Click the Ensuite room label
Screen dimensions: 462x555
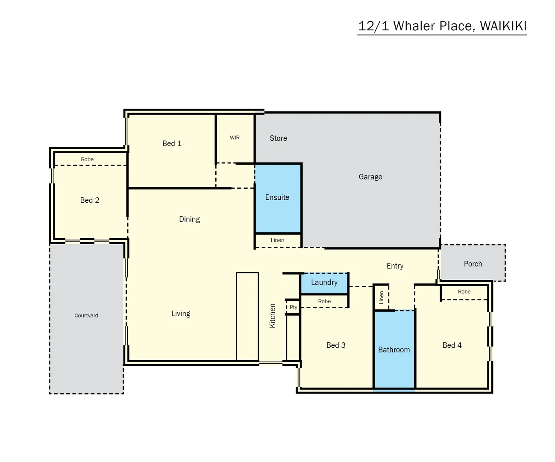[x=277, y=197]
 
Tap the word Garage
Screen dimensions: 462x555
[x=370, y=177]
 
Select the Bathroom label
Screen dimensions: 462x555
[x=393, y=349]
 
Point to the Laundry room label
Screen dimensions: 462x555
[x=324, y=282]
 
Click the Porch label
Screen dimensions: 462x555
[x=473, y=264]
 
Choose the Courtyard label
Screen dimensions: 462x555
[x=86, y=315]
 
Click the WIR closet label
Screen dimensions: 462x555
[x=235, y=138]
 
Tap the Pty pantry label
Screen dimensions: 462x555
[x=293, y=307]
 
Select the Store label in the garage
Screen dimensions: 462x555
[x=278, y=138]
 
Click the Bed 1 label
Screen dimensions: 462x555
[x=172, y=143]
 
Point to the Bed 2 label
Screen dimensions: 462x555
[x=90, y=200]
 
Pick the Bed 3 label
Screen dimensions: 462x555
[x=336, y=345]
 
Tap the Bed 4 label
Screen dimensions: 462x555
[x=452, y=345]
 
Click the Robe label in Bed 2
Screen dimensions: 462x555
[x=87, y=159]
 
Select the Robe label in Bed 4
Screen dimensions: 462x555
[x=464, y=292]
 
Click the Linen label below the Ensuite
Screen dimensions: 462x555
[x=277, y=240]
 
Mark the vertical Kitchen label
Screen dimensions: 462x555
[x=273, y=316]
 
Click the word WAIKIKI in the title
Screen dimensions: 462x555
[x=503, y=26]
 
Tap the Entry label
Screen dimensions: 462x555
[x=395, y=266]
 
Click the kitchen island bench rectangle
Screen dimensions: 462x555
[x=247, y=317]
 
